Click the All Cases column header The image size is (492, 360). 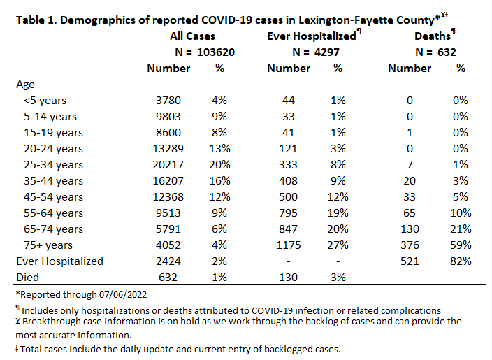coord(192,36)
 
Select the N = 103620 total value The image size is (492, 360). coord(205,52)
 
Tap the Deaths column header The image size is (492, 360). coord(433,36)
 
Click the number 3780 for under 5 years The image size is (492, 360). coord(168,101)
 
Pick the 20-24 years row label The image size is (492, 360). coord(53,149)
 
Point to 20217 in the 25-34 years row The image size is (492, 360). coord(168,165)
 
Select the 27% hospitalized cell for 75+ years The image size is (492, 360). coord(338,245)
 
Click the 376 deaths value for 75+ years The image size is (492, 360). coord(410,245)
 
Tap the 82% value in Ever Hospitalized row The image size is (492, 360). coord(461,261)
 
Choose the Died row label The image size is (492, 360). coord(28,278)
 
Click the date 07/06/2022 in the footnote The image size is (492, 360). coord(123,295)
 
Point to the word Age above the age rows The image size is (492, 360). coord(25,85)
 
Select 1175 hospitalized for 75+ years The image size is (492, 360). coord(289,245)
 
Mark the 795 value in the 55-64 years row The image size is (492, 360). coord(289,213)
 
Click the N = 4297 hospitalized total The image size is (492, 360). coord(316,52)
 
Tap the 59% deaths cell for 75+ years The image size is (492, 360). coord(461,245)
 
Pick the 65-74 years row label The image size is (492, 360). coord(53,229)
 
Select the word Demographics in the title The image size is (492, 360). coord(98,20)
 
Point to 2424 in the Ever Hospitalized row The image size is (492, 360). coord(168,261)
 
